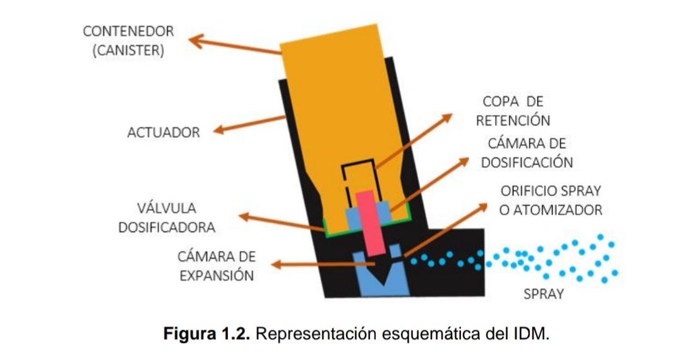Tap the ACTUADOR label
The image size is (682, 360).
point(164,133)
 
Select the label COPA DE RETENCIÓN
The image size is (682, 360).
point(513,111)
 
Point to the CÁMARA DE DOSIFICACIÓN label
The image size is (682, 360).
point(527,153)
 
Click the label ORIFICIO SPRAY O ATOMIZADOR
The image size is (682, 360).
point(551,200)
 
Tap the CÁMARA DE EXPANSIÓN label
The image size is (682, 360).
point(216,266)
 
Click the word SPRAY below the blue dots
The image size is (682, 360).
point(544,294)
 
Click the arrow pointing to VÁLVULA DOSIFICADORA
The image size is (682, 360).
point(281,223)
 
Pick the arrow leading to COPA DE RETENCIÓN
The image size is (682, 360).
point(414,140)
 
